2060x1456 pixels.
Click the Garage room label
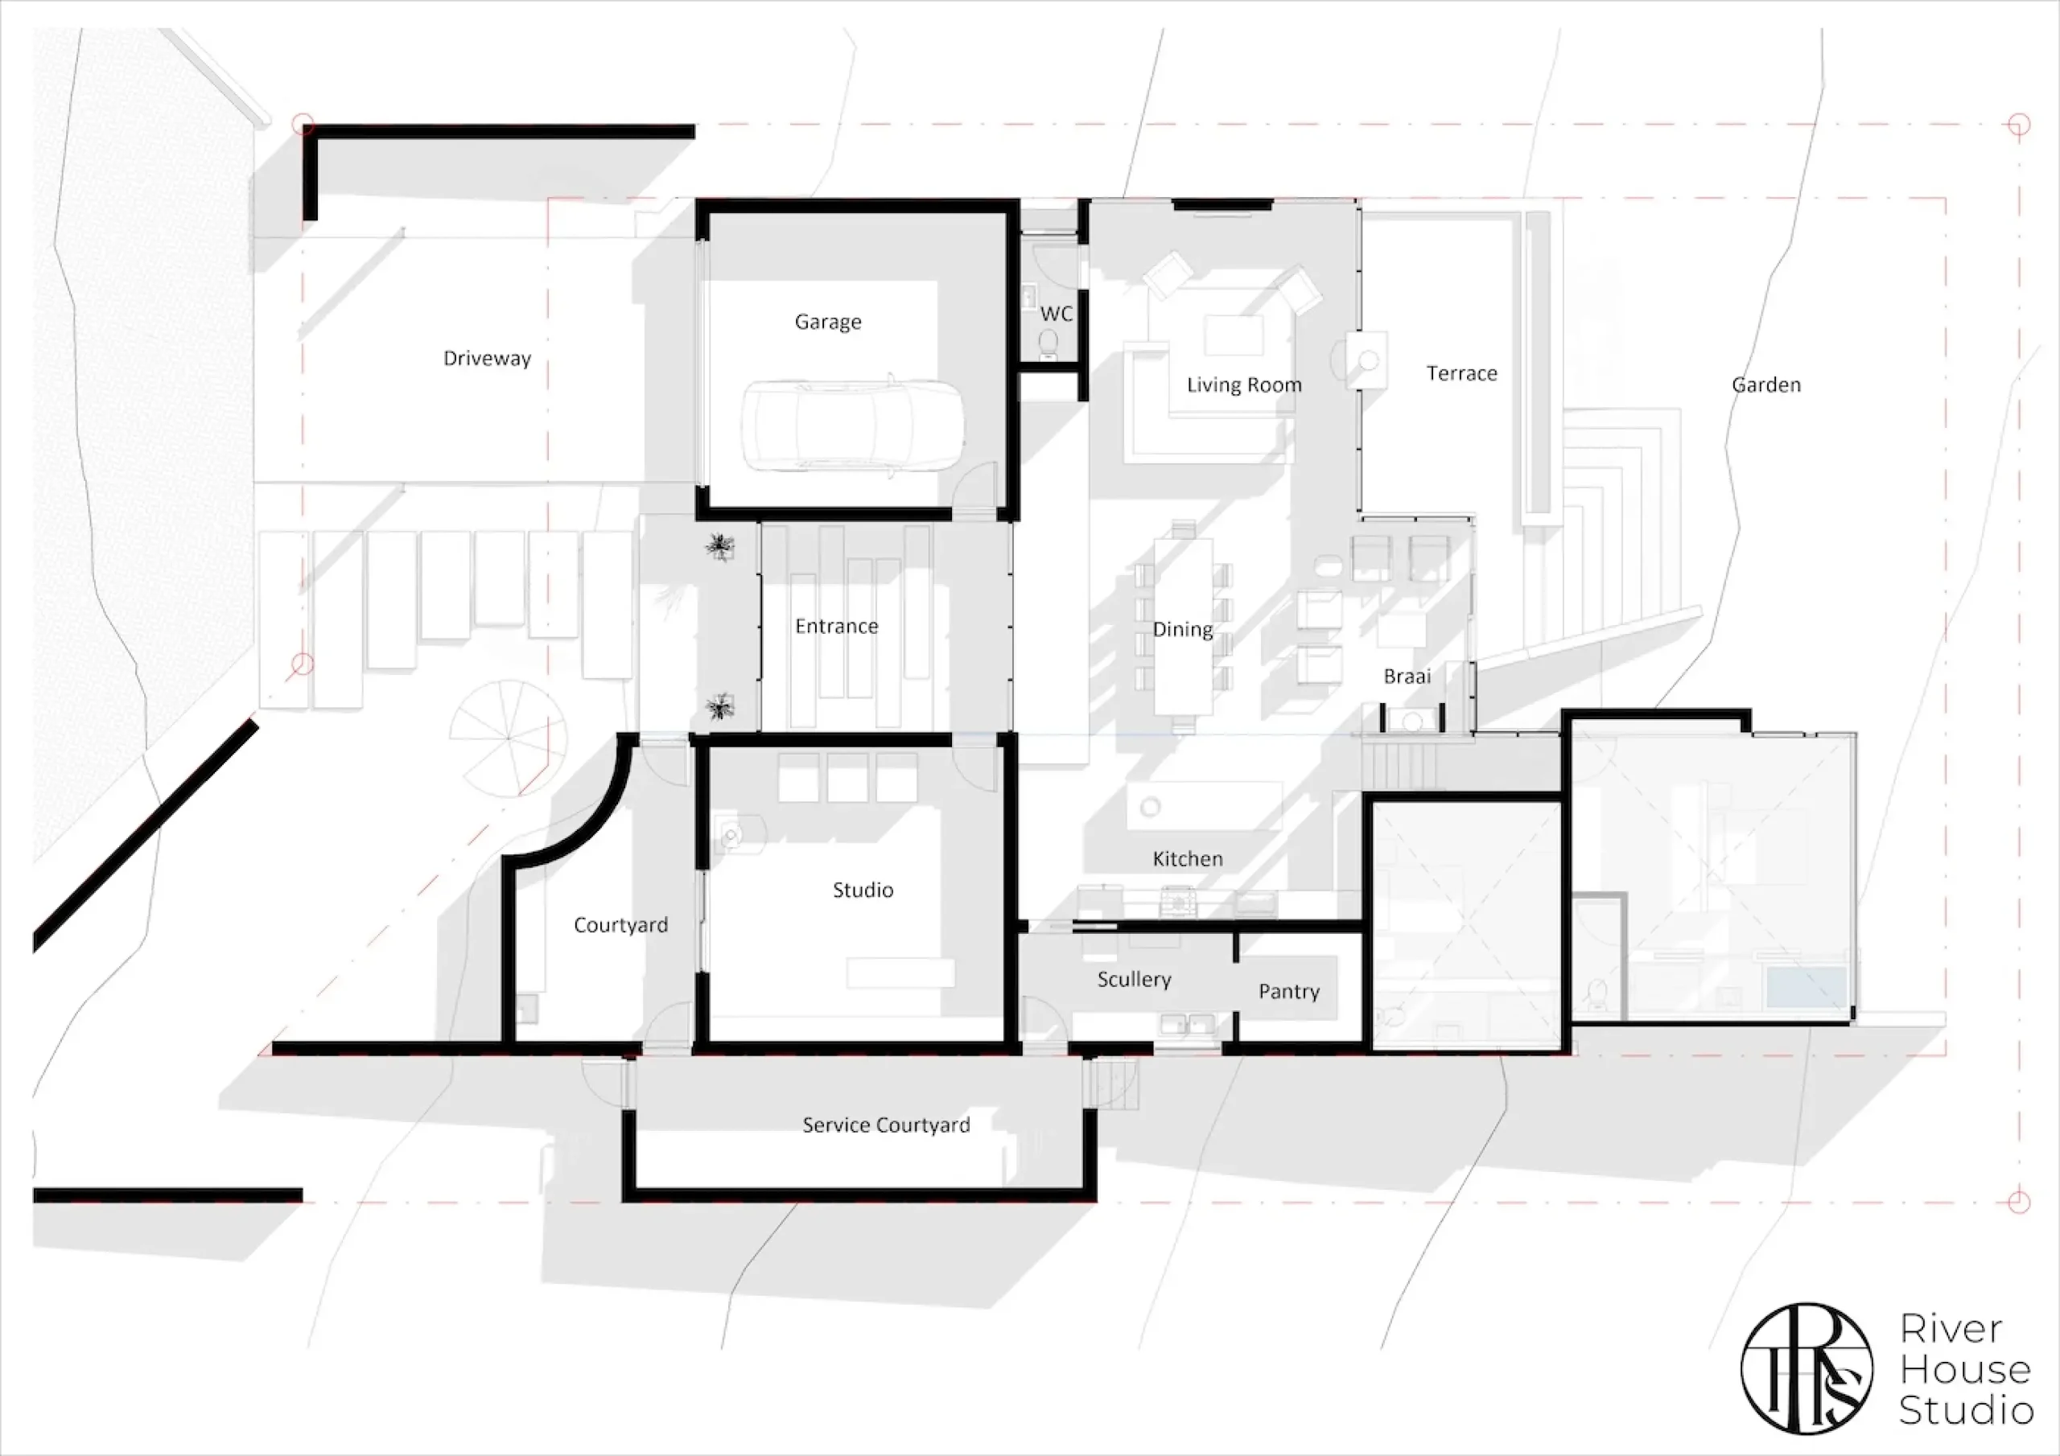[827, 322]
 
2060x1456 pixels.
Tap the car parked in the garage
[852, 426]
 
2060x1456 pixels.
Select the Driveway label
[487, 359]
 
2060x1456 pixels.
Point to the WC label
[1056, 314]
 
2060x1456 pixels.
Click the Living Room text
[1243, 385]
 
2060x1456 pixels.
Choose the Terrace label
[1461, 373]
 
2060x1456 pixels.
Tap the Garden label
[1765, 385]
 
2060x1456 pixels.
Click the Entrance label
[836, 626]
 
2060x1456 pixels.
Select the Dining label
[1183, 630]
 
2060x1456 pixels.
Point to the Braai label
[1407, 677]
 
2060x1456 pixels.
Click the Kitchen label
[1187, 859]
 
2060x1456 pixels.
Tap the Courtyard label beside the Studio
[621, 925]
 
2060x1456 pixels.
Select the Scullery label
[1134, 980]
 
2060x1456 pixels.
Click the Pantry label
[1288, 991]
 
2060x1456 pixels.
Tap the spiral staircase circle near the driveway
[508, 738]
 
